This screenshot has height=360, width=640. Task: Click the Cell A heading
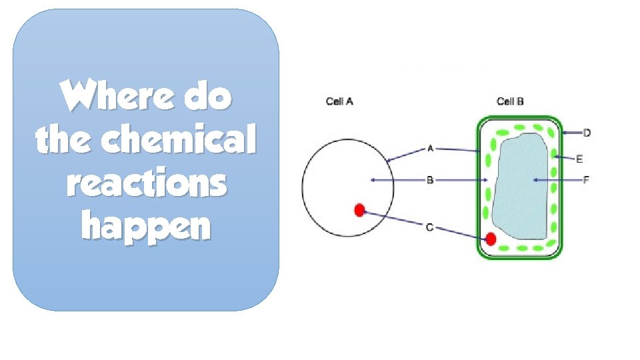click(339, 101)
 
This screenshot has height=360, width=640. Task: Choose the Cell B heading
click(510, 101)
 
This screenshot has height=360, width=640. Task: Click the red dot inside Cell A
click(359, 211)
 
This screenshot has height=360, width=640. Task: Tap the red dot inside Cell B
click(491, 239)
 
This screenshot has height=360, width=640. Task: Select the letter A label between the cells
click(430, 149)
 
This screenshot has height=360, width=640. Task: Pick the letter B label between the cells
click(430, 180)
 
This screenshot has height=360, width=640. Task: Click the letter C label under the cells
click(430, 227)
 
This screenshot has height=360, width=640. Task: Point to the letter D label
click(587, 133)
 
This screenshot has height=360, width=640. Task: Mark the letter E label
click(579, 159)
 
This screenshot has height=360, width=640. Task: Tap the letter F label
click(587, 180)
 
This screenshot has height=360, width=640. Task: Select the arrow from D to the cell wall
click(571, 133)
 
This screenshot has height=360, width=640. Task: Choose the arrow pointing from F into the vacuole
click(557, 180)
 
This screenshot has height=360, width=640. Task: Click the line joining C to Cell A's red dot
click(393, 220)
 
